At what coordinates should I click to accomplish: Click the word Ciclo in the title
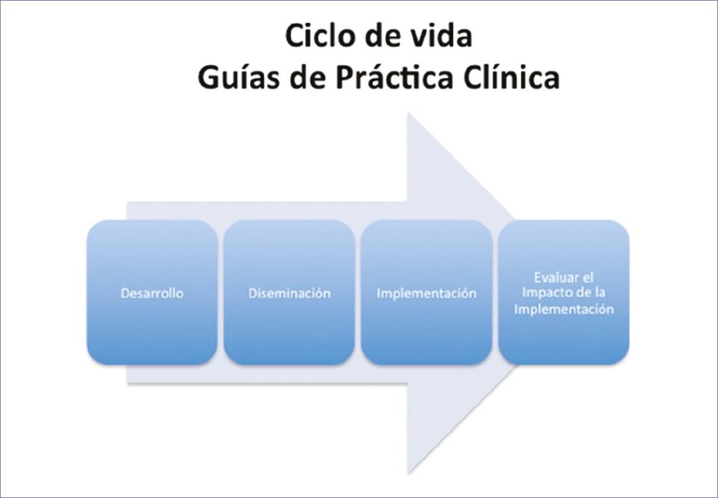(316, 36)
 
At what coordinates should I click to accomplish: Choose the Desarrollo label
(152, 294)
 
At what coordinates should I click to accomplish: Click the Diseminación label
(289, 294)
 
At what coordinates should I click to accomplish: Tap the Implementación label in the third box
(426, 294)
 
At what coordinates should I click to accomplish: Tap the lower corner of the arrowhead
(409, 472)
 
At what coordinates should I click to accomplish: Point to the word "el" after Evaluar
(587, 277)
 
